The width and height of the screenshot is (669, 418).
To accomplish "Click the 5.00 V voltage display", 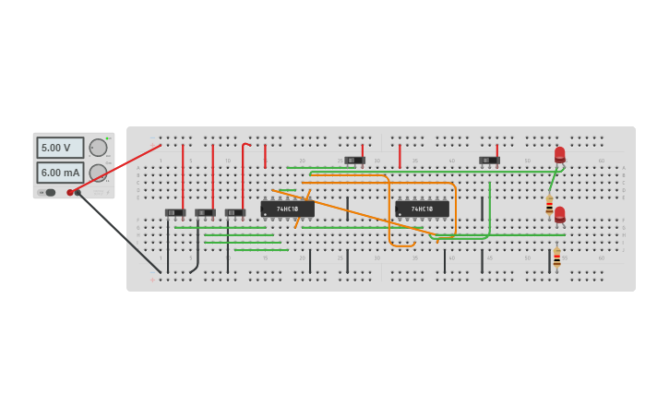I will (x=60, y=148).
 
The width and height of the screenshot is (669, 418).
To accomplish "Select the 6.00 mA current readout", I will (x=60, y=173).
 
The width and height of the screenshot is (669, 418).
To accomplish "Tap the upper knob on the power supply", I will (x=98, y=148).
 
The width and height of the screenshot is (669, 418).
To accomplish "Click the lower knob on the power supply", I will (x=98, y=173).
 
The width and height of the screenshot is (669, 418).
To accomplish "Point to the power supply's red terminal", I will (x=70, y=193).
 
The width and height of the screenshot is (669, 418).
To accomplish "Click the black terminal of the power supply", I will (x=78, y=193).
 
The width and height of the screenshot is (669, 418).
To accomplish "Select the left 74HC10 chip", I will (x=287, y=209).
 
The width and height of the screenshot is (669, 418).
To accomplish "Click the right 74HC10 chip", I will (x=422, y=209).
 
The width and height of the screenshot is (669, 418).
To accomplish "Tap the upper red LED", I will (x=559, y=154).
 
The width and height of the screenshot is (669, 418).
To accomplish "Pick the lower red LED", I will (x=559, y=214).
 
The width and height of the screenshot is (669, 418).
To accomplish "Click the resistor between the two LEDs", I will (x=549, y=205).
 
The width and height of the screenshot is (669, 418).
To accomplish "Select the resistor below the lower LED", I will (x=556, y=257).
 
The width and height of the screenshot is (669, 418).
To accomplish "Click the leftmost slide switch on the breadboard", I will (x=175, y=213).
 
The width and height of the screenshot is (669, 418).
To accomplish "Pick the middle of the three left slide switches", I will (x=205, y=213).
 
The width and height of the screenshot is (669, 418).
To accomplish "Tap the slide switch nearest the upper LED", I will (x=489, y=161).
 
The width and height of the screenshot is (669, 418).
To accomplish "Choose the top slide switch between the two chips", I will (x=355, y=161).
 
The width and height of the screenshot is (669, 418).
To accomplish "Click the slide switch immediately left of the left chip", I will (x=235, y=213).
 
